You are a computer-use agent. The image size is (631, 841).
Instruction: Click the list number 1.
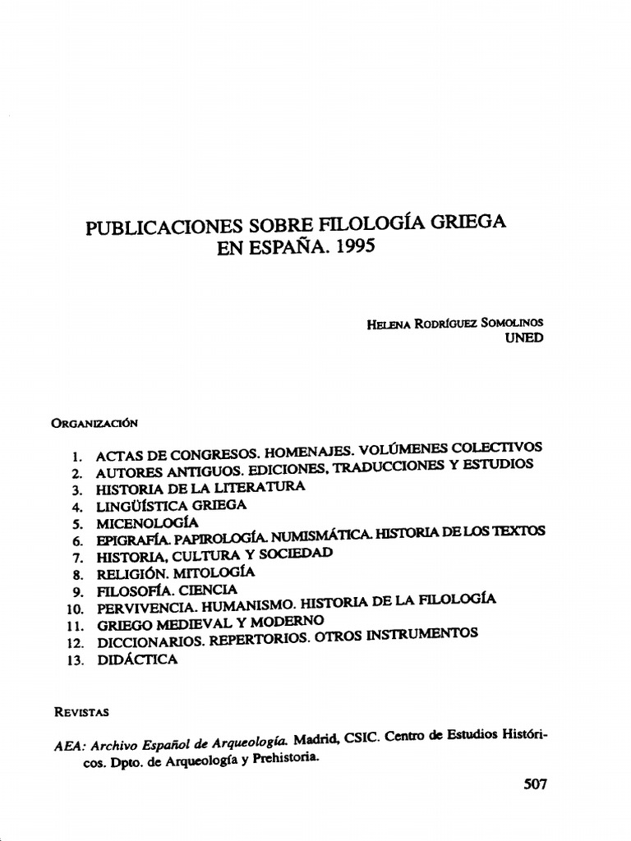pos(76,455)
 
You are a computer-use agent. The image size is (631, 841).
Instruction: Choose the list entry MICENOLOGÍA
pos(148,522)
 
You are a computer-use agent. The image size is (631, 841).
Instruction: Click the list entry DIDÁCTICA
pos(136,659)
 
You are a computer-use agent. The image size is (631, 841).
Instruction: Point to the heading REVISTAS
pos(81,709)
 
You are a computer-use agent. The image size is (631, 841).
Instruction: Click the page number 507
pos(535,784)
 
